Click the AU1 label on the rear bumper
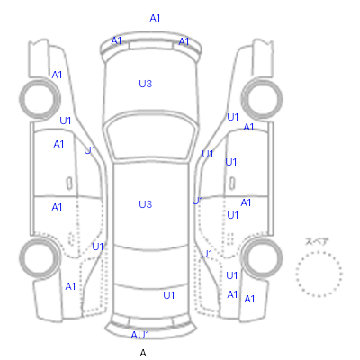[x=140, y=335]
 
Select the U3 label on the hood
[x=146, y=84]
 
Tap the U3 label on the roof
[x=146, y=204]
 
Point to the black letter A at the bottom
[x=143, y=353]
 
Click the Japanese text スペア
[x=317, y=241]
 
